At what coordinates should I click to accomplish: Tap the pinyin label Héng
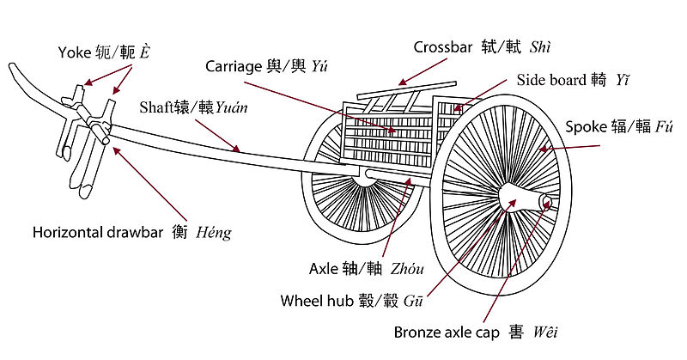[214, 232]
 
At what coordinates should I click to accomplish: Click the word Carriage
[234, 66]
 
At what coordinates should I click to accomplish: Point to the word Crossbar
[442, 47]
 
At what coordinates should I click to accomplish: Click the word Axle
[325, 268]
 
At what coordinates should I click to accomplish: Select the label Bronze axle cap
[449, 331]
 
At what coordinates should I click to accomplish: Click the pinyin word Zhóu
[406, 268]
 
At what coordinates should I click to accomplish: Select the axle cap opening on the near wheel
[547, 204]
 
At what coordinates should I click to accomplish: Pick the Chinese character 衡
[179, 232]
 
